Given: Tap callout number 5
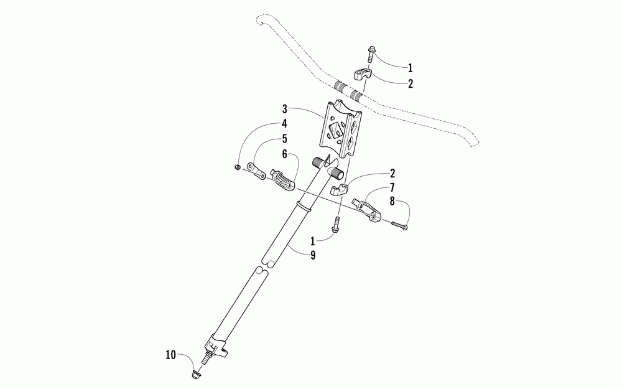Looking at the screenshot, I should pyautogui.click(x=284, y=138).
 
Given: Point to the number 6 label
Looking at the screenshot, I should pyautogui.click(x=284, y=153).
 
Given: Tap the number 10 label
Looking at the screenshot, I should pyautogui.click(x=170, y=355).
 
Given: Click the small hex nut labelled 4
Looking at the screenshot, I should pyautogui.click(x=239, y=167).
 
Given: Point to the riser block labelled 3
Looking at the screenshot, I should pyautogui.click(x=341, y=129).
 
